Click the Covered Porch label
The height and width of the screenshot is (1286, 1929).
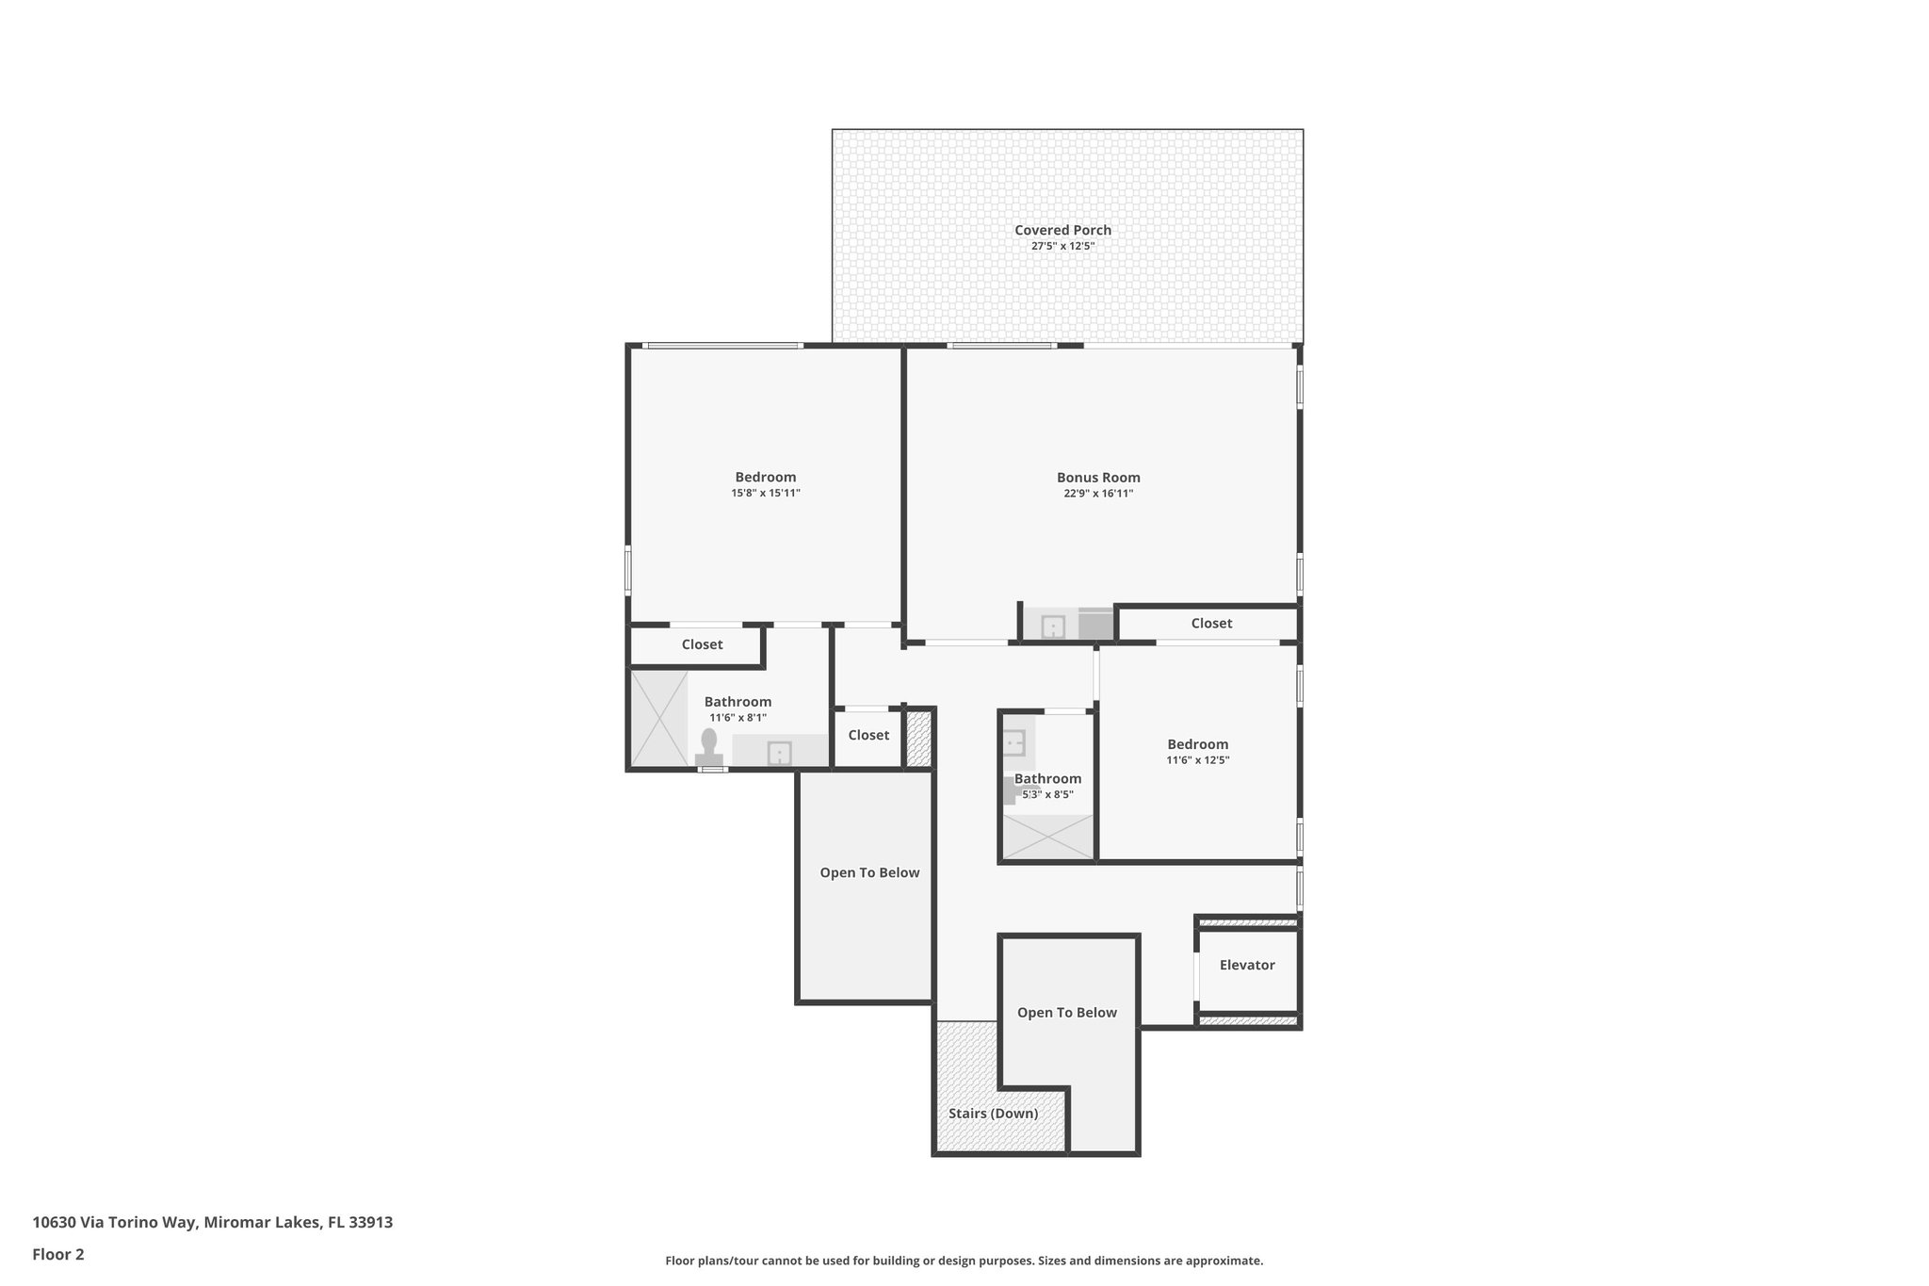click(x=1062, y=230)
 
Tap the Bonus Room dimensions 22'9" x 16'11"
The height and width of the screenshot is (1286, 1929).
click(x=1098, y=494)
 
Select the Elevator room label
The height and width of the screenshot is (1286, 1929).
click(x=1246, y=965)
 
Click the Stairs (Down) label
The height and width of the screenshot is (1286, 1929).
click(x=993, y=1114)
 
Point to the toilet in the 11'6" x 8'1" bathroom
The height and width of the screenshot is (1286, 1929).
click(x=708, y=745)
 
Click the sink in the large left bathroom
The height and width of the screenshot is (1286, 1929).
click(x=779, y=753)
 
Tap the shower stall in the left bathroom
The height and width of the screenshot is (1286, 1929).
click(x=657, y=718)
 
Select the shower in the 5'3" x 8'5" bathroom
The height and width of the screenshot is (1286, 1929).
click(x=1047, y=837)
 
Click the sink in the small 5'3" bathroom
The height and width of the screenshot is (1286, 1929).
click(x=1013, y=742)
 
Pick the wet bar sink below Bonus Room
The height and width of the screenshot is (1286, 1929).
click(x=1052, y=626)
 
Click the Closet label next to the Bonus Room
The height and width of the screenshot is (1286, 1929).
click(x=1211, y=624)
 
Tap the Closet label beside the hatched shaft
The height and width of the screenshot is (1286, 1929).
click(x=867, y=735)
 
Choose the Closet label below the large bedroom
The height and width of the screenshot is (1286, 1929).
click(x=702, y=644)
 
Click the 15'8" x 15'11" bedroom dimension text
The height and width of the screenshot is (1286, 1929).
click(x=766, y=494)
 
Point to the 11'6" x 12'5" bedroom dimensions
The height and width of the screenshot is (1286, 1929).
click(x=1197, y=760)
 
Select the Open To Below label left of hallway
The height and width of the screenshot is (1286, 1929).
click(x=868, y=872)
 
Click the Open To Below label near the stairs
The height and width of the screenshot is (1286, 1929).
click(x=1066, y=1013)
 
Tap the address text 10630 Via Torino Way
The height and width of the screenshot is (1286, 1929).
click(x=212, y=1223)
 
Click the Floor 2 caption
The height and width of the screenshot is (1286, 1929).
click(x=58, y=1254)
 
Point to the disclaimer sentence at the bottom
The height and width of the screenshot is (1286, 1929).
click(x=964, y=1261)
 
